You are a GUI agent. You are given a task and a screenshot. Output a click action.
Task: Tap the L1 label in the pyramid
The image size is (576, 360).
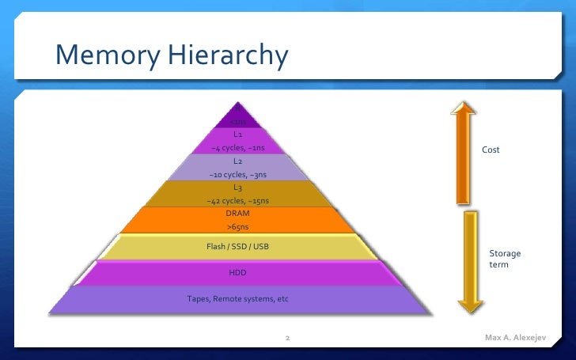pos(237,135)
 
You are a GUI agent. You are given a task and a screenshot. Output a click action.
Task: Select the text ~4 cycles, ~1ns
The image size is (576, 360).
pos(237,148)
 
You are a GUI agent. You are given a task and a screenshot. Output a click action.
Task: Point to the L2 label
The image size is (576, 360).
pos(237,161)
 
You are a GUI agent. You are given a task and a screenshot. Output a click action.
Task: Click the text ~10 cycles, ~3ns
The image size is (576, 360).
pos(237,175)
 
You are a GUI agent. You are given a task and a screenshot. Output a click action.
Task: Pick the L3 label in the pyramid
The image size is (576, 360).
pos(237,188)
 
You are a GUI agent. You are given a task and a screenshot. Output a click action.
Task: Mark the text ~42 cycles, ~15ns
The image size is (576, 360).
pos(237,201)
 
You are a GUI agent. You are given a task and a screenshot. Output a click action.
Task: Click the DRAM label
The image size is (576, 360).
pos(237,214)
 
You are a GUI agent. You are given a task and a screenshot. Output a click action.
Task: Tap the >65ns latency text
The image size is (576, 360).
pos(237,227)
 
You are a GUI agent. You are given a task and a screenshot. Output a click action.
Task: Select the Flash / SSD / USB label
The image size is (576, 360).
pos(237,247)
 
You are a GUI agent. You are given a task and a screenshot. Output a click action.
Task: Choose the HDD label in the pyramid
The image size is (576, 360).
pos(237,273)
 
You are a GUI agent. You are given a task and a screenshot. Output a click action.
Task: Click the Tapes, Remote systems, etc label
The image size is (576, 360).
pos(237,299)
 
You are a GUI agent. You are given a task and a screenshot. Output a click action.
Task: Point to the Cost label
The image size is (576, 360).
pos(491,150)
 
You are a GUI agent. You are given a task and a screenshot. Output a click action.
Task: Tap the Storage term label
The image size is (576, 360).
pos(504,259)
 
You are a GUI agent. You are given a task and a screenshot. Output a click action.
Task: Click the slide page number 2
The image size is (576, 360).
pos(287,339)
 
